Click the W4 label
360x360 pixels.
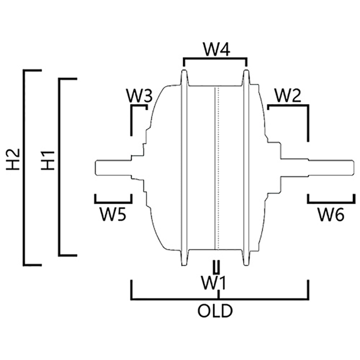(x=215, y=49)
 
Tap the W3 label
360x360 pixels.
(x=139, y=96)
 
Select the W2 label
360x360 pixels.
(x=287, y=96)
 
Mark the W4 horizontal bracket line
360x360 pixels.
(x=215, y=57)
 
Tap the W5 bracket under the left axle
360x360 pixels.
(x=113, y=201)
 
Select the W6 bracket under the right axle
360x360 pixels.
(x=331, y=201)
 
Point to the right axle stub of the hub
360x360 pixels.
(x=326, y=168)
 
